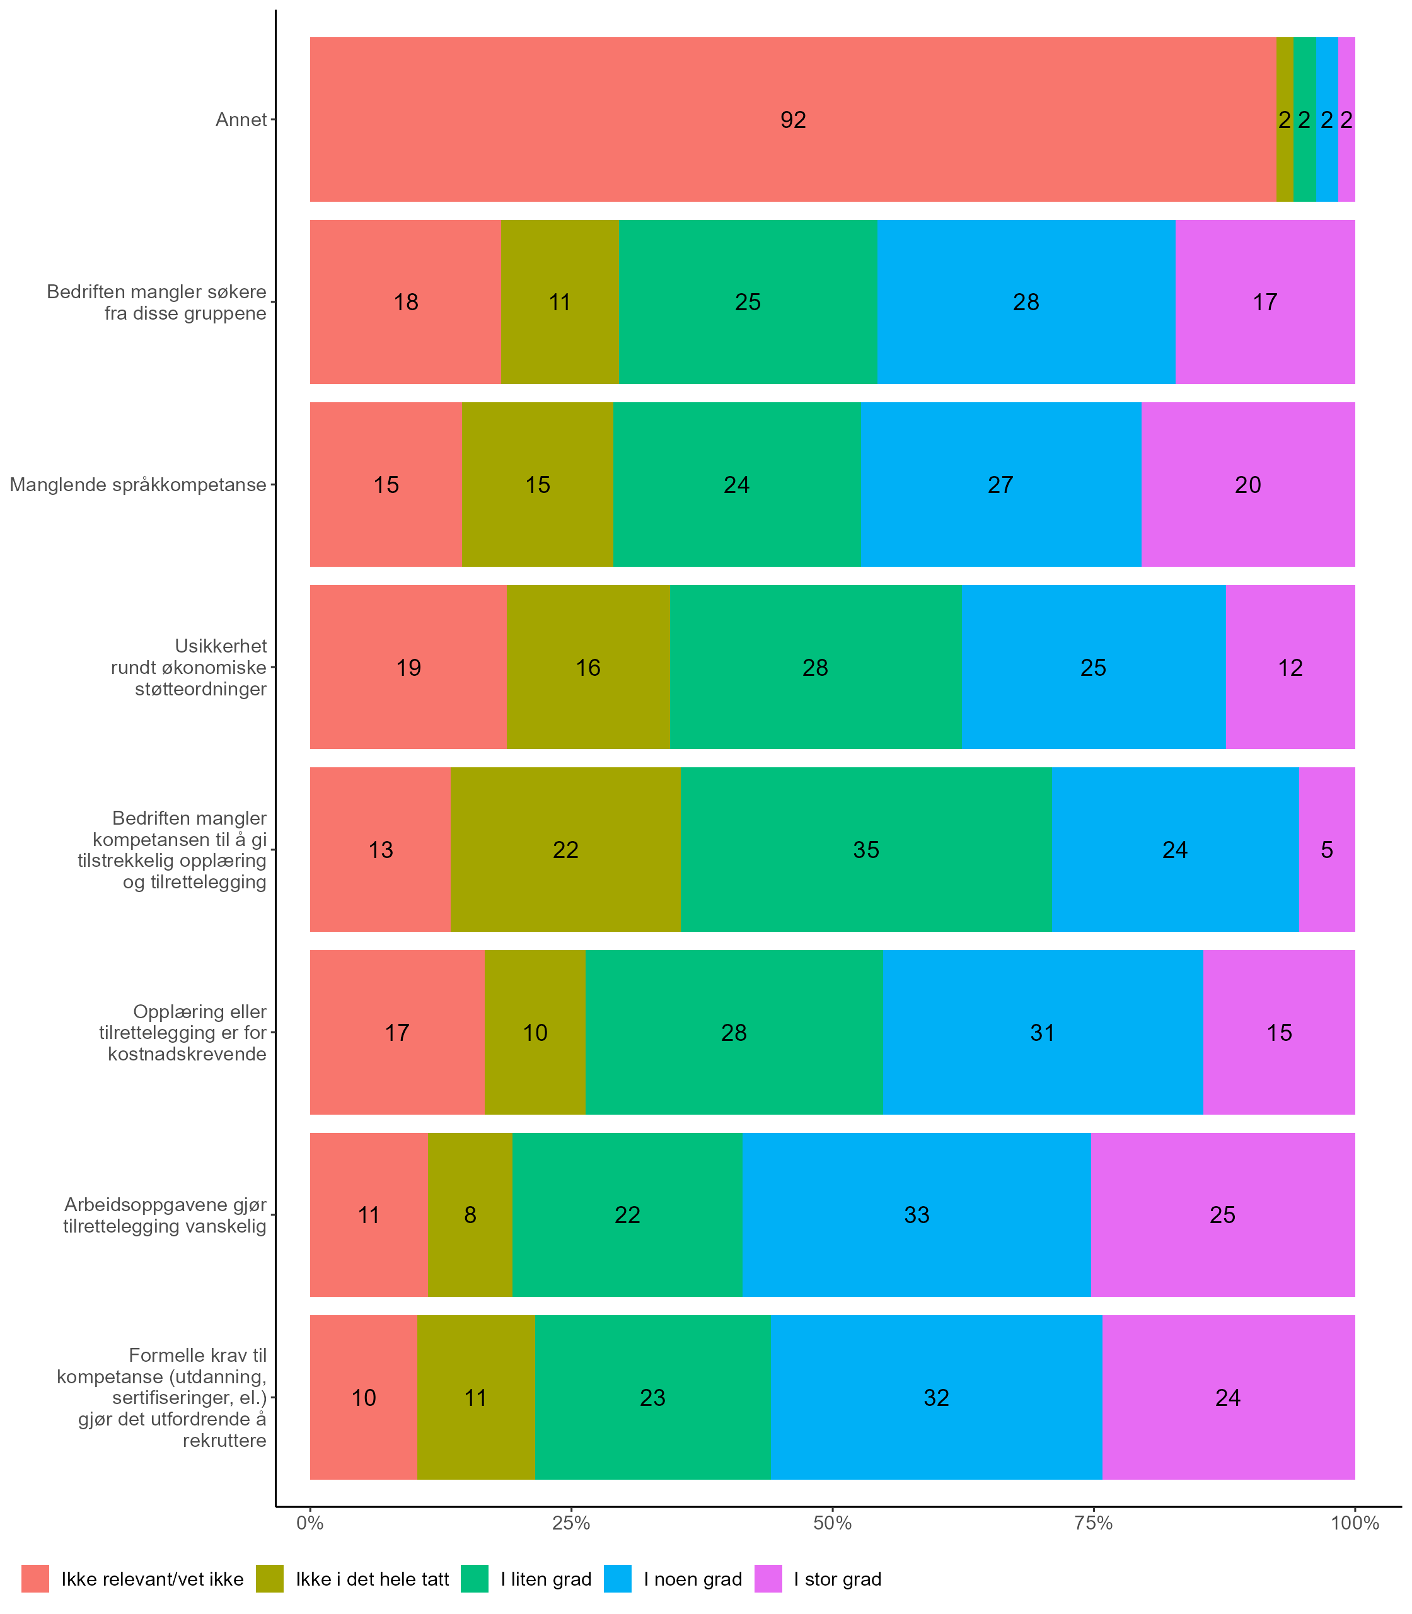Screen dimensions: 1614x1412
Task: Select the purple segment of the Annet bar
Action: click(1346, 120)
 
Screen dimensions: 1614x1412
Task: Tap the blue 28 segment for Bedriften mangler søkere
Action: click(1026, 302)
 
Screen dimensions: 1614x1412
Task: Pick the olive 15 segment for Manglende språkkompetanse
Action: click(537, 485)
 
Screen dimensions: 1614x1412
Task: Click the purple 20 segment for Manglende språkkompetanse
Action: click(1248, 485)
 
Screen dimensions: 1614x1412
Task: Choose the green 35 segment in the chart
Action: click(866, 850)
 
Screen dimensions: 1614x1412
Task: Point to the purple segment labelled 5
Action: click(1327, 850)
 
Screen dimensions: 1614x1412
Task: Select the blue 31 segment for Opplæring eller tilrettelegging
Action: click(1043, 1033)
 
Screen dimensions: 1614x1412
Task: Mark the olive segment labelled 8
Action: click(470, 1214)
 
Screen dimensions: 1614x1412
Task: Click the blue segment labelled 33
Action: click(917, 1214)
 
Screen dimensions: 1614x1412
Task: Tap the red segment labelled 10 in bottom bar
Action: click(363, 1397)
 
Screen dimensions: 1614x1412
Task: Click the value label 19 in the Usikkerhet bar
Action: click(408, 668)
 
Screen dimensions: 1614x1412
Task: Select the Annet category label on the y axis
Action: click(241, 120)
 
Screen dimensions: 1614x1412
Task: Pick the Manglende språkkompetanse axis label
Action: click(138, 485)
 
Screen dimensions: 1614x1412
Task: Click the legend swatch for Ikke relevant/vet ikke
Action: click(35, 1579)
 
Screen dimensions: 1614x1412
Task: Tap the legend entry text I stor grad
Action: click(838, 1579)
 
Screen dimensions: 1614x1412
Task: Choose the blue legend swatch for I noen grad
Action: click(618, 1579)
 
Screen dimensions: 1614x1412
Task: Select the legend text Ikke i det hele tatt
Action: click(372, 1579)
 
